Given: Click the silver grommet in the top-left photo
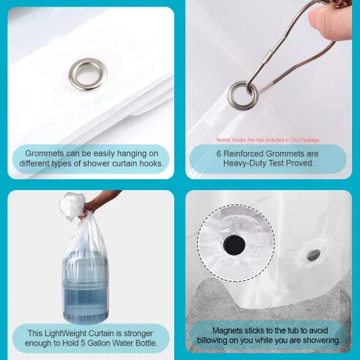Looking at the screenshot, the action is coord(88,65).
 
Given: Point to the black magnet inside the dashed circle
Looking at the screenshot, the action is coord(234,246).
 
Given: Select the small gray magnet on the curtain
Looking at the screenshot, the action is coord(314,255).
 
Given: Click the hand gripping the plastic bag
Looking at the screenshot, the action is coord(91,207).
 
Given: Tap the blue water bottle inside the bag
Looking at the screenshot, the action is coord(85,286).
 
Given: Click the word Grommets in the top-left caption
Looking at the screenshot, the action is coord(45,153).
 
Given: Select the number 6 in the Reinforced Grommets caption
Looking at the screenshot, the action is coord(219,153).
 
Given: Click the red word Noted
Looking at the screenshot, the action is coord(223,140).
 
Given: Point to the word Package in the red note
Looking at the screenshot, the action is coord(310,140).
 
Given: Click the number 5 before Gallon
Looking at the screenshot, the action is coord(83,343).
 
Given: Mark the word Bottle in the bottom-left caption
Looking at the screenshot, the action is coord(146,343).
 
